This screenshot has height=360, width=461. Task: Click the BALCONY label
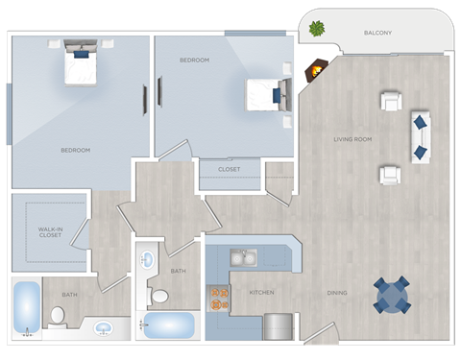click(377, 33)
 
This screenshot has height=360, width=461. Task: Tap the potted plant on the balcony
click(316, 29)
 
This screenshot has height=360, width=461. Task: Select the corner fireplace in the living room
click(315, 71)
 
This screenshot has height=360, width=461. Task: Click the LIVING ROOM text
click(352, 139)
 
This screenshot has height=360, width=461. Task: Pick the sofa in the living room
click(421, 136)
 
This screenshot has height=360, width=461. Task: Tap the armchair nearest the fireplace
click(391, 101)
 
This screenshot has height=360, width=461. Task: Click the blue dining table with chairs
click(391, 295)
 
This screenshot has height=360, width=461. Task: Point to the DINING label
click(336, 293)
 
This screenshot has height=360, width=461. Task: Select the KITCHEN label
click(261, 292)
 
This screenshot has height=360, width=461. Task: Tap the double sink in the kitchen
click(242, 257)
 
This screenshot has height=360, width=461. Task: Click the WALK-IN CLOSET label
click(50, 232)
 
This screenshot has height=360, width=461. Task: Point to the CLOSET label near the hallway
click(229, 170)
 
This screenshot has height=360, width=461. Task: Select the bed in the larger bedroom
click(81, 63)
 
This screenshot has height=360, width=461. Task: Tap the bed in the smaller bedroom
click(267, 96)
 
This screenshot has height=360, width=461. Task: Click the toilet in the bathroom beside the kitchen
click(159, 295)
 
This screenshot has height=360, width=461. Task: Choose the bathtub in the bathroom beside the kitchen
click(169, 324)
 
